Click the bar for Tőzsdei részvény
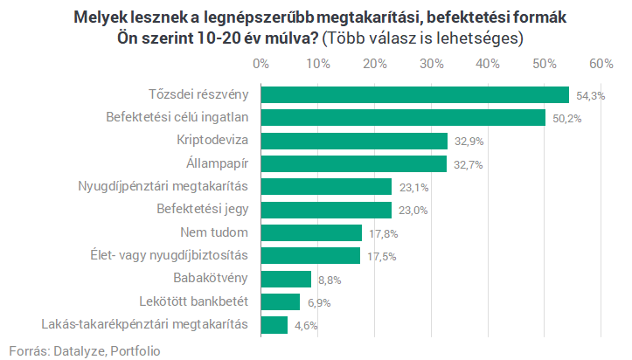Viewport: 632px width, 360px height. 414,95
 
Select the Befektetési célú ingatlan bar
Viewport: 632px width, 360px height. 403,118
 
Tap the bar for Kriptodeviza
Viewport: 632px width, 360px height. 353,141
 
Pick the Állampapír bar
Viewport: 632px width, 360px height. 353,163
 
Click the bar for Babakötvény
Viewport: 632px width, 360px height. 285,279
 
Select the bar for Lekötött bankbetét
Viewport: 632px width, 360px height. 280,301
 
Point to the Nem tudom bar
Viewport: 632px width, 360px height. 310,232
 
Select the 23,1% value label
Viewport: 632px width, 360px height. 411,187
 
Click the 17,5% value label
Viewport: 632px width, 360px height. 379,256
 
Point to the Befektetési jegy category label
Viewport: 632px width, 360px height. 203,209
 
